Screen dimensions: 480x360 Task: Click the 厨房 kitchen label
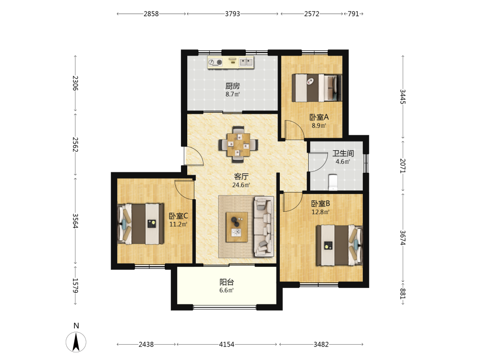233,86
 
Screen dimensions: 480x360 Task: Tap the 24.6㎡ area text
241,185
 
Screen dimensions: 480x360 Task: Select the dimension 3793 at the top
232,14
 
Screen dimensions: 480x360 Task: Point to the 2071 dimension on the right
403,166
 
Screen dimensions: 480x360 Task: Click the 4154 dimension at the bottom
227,344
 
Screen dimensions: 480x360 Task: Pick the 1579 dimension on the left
75,285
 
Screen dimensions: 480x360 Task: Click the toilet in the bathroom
333,182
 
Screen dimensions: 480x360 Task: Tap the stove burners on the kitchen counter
215,62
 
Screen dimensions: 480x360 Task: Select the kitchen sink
246,62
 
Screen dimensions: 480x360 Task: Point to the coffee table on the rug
237,227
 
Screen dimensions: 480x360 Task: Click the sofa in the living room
263,226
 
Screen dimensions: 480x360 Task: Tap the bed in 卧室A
317,88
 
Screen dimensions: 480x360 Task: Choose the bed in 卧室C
141,224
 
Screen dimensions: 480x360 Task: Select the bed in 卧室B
339,245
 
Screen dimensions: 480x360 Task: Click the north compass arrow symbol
76,341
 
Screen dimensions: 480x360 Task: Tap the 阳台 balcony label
227,282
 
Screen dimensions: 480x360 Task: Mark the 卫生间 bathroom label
343,154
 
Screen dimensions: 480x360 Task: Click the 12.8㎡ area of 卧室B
321,212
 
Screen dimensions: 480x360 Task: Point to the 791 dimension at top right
353,14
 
